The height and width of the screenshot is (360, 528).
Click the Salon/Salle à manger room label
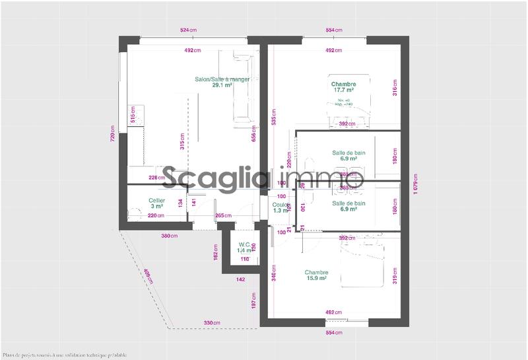(222, 82)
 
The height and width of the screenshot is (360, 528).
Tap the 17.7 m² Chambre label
(344, 87)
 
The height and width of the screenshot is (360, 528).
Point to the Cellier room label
(156, 203)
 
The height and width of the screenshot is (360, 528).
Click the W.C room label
(244, 248)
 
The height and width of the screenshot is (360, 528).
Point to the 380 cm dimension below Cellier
(170, 235)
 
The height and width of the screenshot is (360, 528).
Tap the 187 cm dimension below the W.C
(253, 303)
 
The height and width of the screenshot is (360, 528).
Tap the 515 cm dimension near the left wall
(133, 115)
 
